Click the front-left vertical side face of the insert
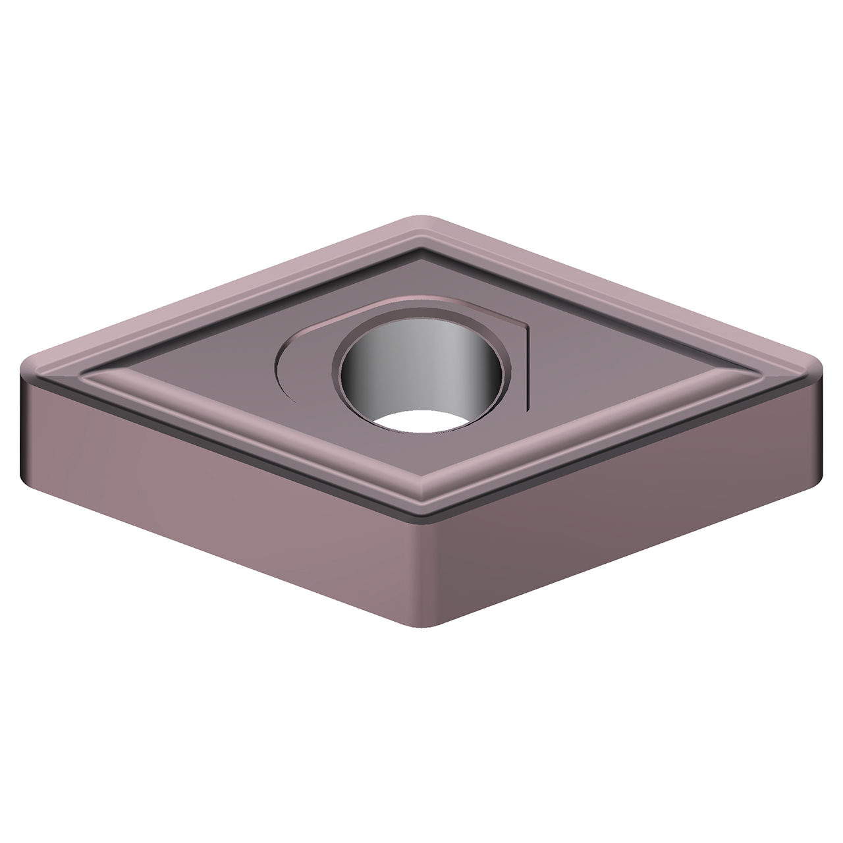pyautogui.click(x=217, y=520)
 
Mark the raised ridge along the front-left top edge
pyautogui.click(x=250, y=435)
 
